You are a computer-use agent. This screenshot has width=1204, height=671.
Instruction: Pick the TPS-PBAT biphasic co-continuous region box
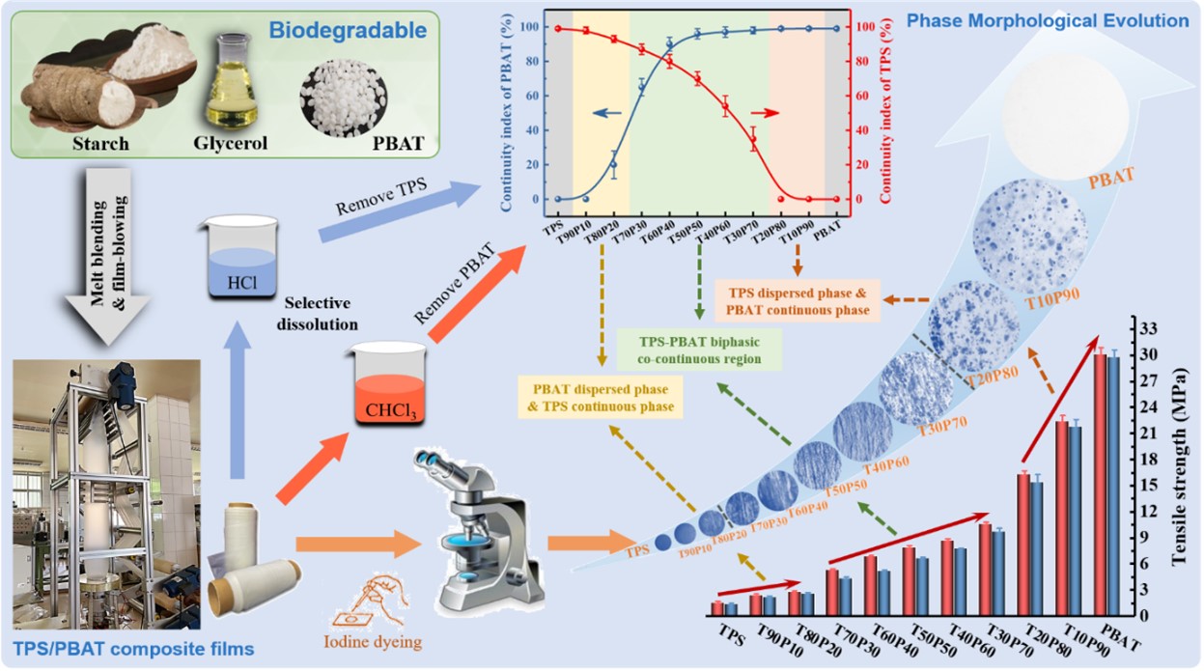(x=699, y=350)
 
